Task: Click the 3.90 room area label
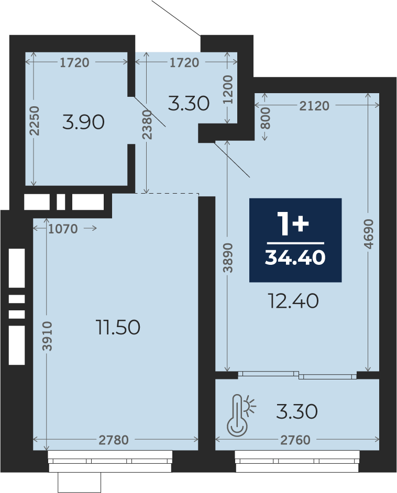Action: [x=83, y=122]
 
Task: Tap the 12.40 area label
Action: [x=293, y=301]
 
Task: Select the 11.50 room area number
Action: [x=118, y=327]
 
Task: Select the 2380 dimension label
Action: [x=147, y=125]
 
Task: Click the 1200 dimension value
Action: [x=228, y=90]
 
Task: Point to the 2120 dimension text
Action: [x=314, y=106]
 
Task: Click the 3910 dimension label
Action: [x=47, y=336]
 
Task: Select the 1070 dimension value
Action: [x=63, y=229]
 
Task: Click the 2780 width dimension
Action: [x=114, y=440]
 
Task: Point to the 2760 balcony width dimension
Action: [x=295, y=440]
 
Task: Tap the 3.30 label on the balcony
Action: [x=297, y=411]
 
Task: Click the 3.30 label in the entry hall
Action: [x=189, y=103]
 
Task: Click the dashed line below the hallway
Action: [x=167, y=194]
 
